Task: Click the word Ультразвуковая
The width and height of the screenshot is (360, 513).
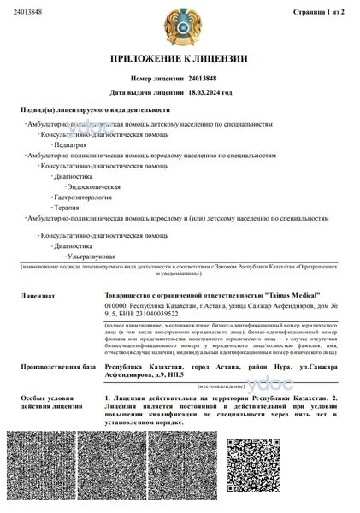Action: coord(82,256)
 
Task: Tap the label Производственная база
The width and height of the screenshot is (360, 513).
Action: coord(53,367)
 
